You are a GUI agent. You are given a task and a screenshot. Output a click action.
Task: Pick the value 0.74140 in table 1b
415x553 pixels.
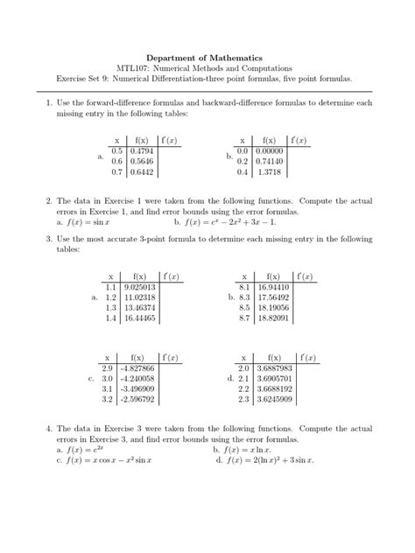[271, 162]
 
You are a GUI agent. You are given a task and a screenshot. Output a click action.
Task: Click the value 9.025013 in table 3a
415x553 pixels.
[140, 286]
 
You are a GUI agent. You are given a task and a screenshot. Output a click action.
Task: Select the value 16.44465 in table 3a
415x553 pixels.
[140, 319]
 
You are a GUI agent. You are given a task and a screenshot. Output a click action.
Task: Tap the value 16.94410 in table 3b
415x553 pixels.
[275, 286]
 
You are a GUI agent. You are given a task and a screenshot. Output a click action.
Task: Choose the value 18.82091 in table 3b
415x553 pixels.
[275, 319]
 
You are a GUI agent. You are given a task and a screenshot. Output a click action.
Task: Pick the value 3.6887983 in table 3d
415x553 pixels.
[277, 368]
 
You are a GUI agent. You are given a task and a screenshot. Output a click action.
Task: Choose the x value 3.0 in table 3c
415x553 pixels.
[108, 380]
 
